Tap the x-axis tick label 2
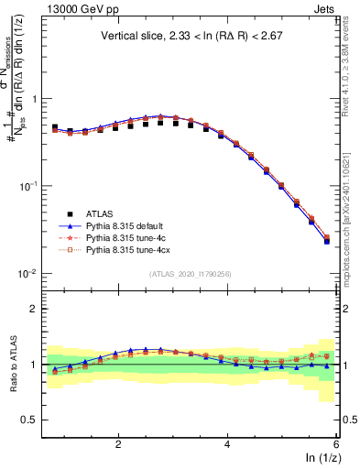pyautogui.click(x=118, y=443)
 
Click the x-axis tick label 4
pyautogui.click(x=227, y=443)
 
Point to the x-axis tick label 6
pyautogui.click(x=335, y=443)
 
